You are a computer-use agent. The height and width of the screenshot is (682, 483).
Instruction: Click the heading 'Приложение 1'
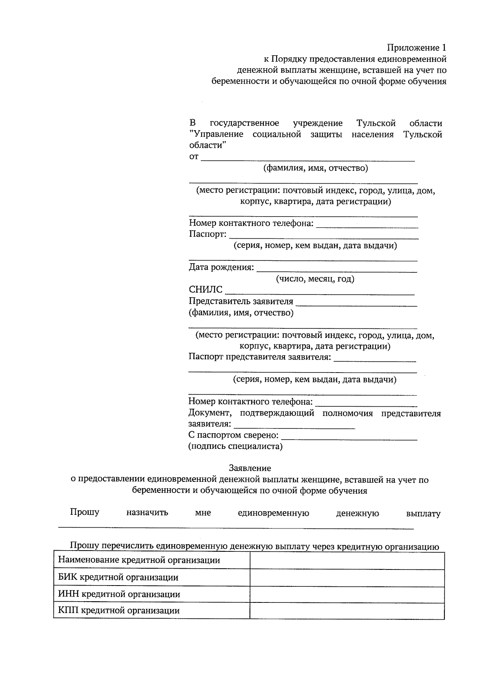pyautogui.click(x=417, y=48)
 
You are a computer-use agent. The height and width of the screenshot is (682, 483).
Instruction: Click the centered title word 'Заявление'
pyautogui.click(x=250, y=468)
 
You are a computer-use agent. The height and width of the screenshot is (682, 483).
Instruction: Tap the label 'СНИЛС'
pyautogui.click(x=206, y=290)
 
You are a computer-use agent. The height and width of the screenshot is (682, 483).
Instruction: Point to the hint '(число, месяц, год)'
pyautogui.click(x=315, y=279)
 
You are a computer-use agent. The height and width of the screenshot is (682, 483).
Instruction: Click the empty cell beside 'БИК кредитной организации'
pyautogui.click(x=347, y=578)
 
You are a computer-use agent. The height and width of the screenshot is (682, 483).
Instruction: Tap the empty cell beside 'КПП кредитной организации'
pyautogui.click(x=347, y=610)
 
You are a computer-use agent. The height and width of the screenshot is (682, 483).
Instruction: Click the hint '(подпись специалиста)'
pyautogui.click(x=235, y=446)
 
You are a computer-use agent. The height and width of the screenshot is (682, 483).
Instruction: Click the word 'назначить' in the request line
pyautogui.click(x=147, y=513)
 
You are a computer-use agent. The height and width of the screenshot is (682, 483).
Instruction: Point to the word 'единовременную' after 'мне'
pyautogui.click(x=273, y=513)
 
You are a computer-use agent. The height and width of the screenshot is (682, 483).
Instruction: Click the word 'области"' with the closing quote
pyautogui.click(x=208, y=145)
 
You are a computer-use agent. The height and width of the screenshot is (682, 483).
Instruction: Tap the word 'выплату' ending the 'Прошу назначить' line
pyautogui.click(x=423, y=514)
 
